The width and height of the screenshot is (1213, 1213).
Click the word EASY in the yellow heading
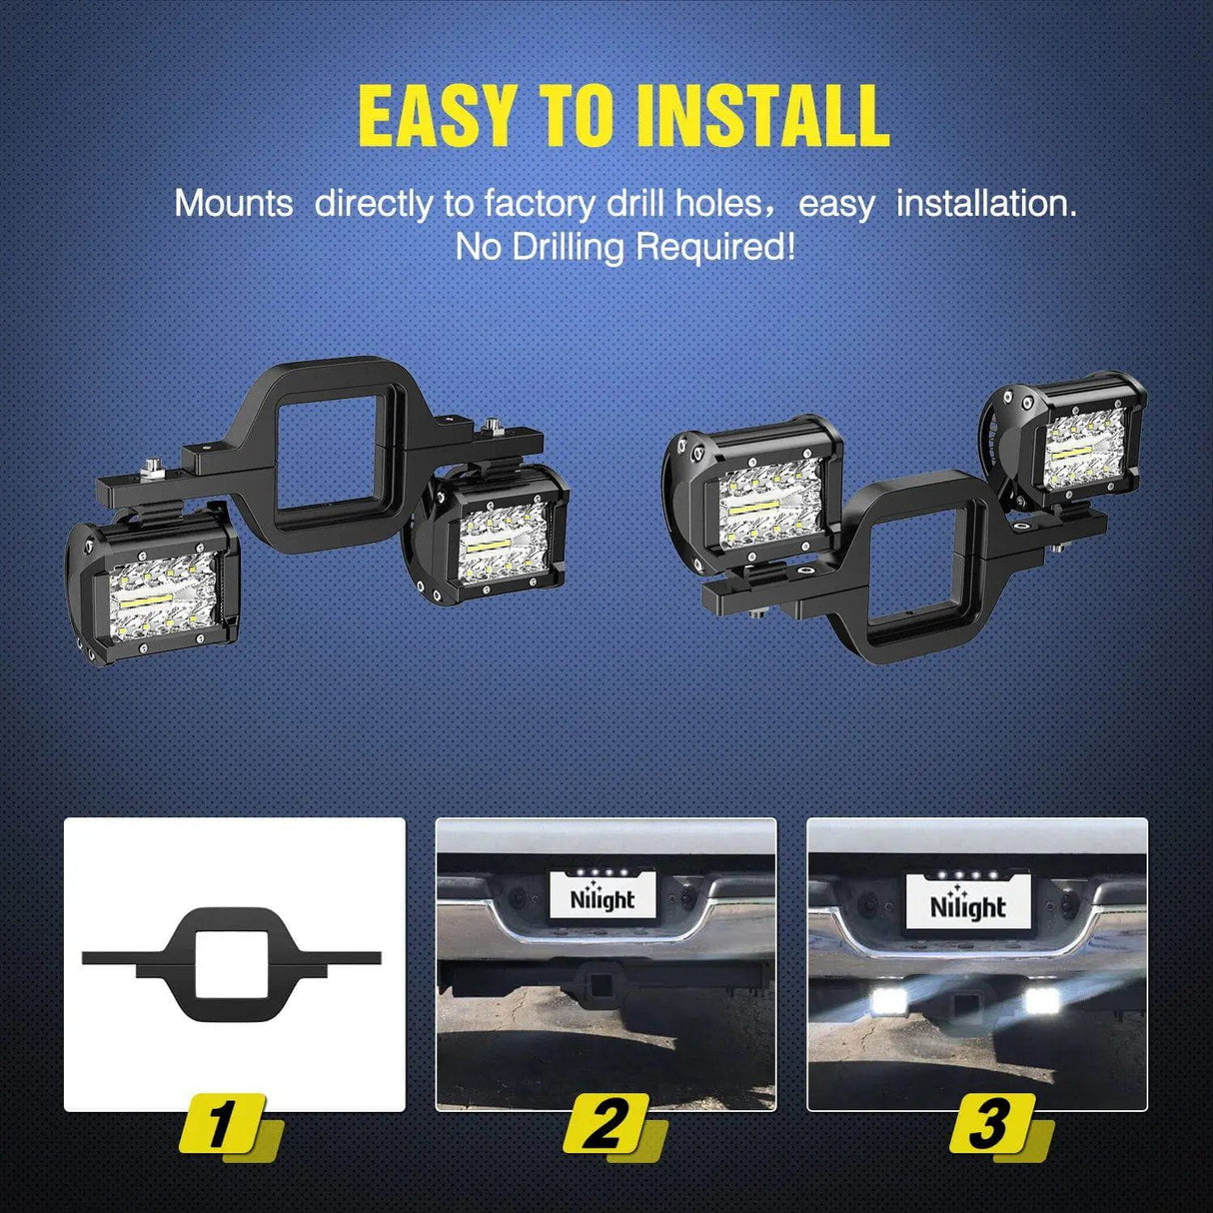coord(438,116)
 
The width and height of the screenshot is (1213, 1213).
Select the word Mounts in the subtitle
coord(234,204)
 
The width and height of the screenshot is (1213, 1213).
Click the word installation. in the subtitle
coord(986,204)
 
